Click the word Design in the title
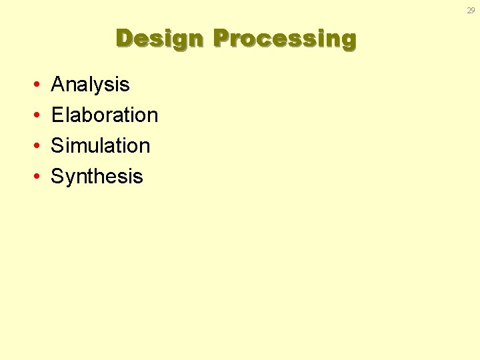click(x=160, y=39)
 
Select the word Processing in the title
click(x=285, y=39)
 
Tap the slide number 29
click(x=471, y=10)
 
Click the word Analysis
click(x=90, y=85)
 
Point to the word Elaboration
click(x=105, y=115)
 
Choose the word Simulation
click(x=101, y=146)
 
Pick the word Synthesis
click(x=97, y=177)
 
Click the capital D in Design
click(x=125, y=38)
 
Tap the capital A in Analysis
click(x=57, y=85)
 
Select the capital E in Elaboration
click(x=57, y=115)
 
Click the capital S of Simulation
click(x=57, y=146)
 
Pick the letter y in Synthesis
click(x=69, y=179)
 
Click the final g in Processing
click(x=349, y=41)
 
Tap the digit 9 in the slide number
click(x=473, y=10)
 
